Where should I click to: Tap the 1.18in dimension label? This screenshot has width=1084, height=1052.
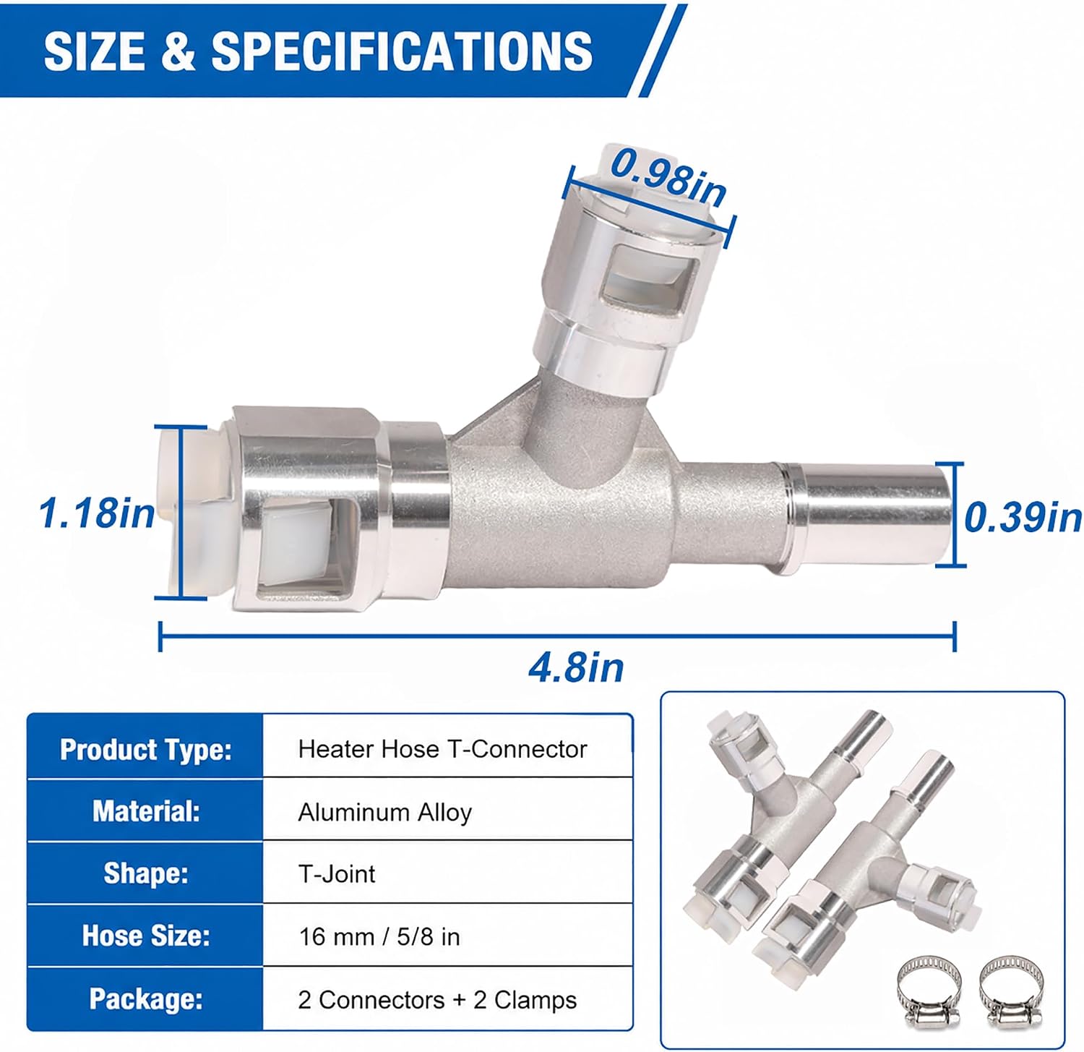(x=96, y=513)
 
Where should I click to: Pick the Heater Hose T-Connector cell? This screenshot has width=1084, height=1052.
(x=442, y=749)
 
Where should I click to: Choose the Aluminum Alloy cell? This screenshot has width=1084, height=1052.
(x=384, y=813)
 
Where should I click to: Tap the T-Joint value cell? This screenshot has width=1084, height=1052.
(x=337, y=874)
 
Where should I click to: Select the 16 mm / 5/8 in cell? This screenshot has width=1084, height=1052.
(x=379, y=937)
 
